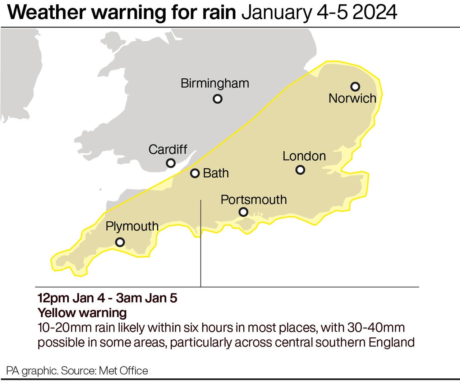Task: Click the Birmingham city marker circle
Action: coord(217,99)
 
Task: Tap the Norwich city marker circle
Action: coord(355,87)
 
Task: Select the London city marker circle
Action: coord(300,170)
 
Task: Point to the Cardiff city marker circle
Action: coord(171,163)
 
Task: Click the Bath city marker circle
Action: coord(195,174)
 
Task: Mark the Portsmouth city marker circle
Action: coord(243,212)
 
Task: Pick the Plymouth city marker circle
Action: coord(120,242)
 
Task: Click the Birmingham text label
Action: coord(215,83)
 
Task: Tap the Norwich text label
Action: coord(352,98)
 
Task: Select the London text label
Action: coord(304,156)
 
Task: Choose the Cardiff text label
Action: coord(168,149)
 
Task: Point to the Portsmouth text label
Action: coord(253,200)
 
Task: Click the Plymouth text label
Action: coord(132,226)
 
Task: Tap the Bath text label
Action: coord(216,173)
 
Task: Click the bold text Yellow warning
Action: coord(82,313)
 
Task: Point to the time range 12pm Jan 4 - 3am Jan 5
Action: coord(107,298)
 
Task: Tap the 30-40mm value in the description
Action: coord(376,328)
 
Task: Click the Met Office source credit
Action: coord(123,371)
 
